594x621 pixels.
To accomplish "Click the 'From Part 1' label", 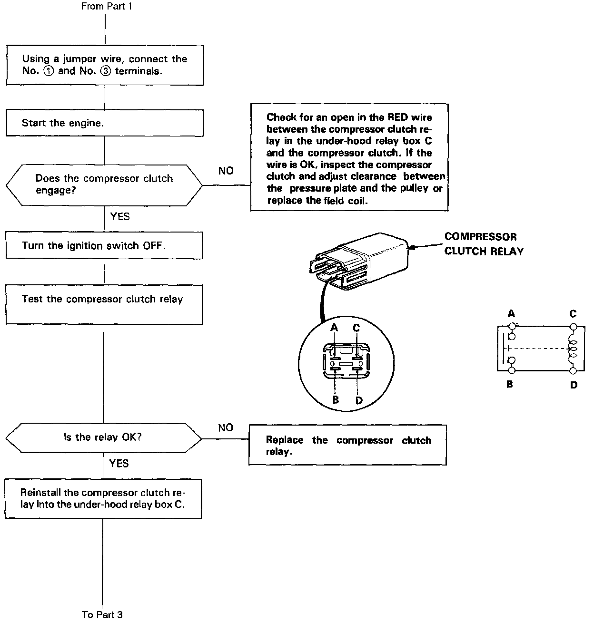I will (106, 6).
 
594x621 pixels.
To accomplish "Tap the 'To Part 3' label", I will (102, 614).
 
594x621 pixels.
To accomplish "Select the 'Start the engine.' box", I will (104, 123).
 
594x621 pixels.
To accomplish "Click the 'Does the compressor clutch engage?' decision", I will (104, 184).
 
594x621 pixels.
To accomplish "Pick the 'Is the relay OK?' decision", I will (103, 437).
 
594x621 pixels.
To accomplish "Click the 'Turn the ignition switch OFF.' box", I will (104, 245).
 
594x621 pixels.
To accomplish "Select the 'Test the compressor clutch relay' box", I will (104, 304).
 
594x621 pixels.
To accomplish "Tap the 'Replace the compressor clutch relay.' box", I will (348, 445).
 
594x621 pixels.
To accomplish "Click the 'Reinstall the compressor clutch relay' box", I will (103, 498).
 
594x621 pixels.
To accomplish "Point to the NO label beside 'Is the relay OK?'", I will (226, 427).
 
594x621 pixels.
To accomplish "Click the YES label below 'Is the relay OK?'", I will (119, 463).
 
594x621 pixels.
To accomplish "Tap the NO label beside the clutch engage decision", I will (226, 170).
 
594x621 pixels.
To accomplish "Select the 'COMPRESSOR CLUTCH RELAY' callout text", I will (484, 244).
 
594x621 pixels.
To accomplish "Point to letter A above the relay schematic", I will (511, 313).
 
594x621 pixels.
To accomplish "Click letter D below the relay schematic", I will (574, 385).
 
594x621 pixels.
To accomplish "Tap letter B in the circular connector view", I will (336, 400).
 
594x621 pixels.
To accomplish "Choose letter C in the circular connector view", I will (356, 328).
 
